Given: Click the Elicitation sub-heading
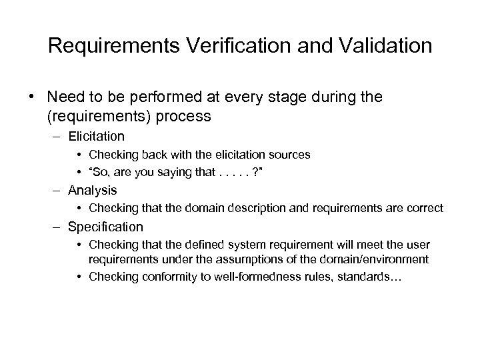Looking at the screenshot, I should (x=95, y=137).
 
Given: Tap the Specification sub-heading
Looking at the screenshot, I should (x=105, y=227).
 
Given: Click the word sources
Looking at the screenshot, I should (x=292, y=155).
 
